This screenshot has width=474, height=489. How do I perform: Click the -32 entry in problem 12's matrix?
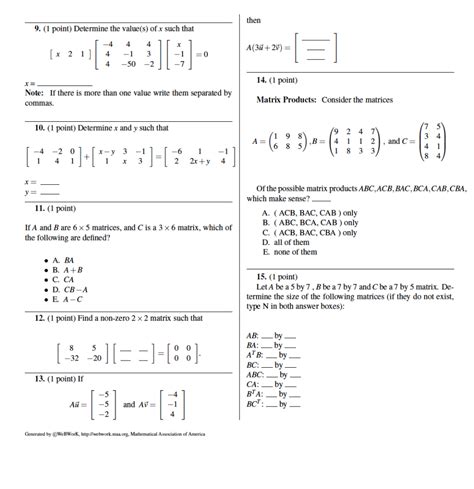[x=69, y=356]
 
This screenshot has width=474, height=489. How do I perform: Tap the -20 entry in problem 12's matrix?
[x=96, y=356]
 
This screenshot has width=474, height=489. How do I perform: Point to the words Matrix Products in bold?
[x=286, y=100]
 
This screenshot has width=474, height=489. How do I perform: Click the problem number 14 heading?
[x=262, y=78]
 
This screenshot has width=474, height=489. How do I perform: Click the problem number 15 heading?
[x=262, y=274]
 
